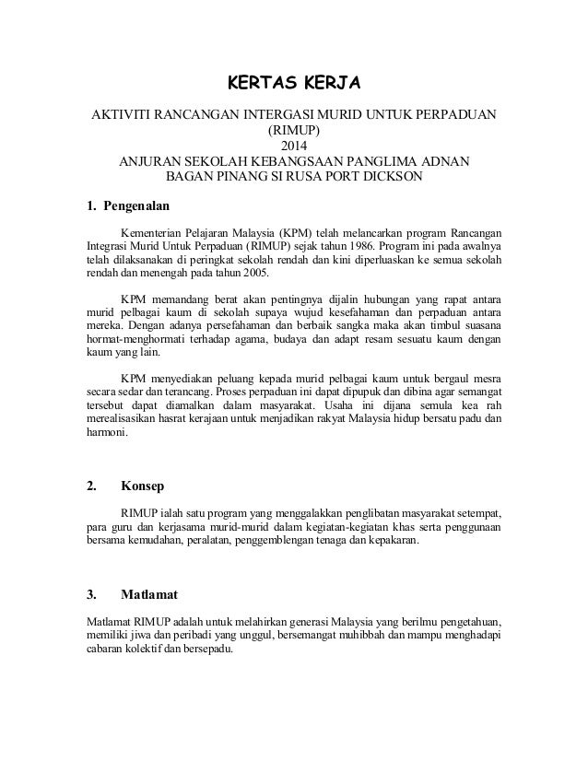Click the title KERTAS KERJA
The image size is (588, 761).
click(x=293, y=86)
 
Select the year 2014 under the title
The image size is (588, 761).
click(x=293, y=146)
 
